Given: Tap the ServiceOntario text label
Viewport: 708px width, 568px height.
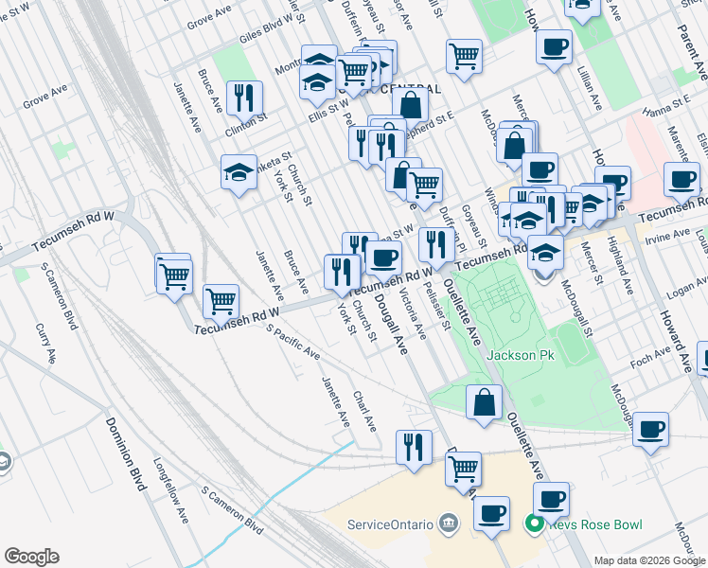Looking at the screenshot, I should [391, 524].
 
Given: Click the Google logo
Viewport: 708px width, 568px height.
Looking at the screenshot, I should [31, 556].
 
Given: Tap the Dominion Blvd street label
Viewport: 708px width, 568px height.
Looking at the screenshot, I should [124, 454].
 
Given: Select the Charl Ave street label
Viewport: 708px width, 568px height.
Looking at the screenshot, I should [364, 412].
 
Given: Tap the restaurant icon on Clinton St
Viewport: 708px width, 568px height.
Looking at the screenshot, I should [244, 98].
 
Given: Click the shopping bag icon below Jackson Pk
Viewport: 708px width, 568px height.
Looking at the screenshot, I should [484, 401].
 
